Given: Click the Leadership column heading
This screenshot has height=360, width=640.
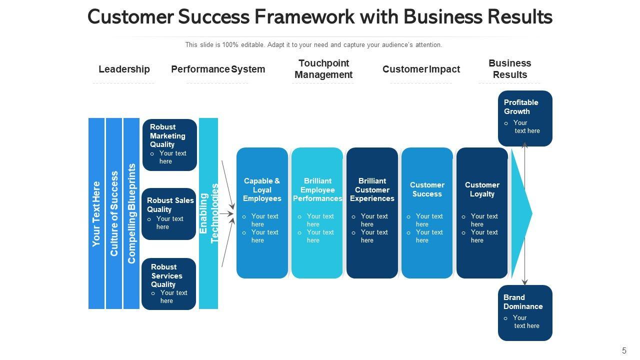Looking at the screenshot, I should click(124, 69).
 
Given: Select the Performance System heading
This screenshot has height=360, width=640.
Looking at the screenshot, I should click(218, 69).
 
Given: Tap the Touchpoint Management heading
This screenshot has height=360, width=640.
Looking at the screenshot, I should click(323, 69).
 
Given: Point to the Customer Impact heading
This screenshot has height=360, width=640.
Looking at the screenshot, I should click(421, 69).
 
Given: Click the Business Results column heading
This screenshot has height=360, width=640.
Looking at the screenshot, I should click(509, 69).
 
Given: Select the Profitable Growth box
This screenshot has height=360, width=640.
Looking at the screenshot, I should click(525, 118).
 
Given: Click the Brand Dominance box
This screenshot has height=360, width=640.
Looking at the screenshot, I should click(525, 313).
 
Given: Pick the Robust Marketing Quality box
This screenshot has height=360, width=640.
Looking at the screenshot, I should click(169, 145).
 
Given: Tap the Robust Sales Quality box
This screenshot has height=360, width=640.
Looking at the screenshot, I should click(169, 214).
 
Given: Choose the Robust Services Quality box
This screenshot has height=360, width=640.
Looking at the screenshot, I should click(169, 284).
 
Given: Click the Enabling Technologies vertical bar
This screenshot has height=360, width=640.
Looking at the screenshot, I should click(208, 213).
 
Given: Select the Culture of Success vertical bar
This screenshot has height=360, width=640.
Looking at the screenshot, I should click(114, 213).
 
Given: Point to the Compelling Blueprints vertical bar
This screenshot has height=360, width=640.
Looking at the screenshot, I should click(131, 213).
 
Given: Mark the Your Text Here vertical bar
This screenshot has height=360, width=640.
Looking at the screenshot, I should click(96, 213).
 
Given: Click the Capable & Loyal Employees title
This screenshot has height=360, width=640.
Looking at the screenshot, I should click(262, 190).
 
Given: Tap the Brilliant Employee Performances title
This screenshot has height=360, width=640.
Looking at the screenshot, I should click(317, 190).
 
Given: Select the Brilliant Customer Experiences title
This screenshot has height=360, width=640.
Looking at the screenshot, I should click(372, 190).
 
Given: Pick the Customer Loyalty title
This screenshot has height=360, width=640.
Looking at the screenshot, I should click(482, 189).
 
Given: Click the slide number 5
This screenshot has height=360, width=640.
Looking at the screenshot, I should click(624, 350).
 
